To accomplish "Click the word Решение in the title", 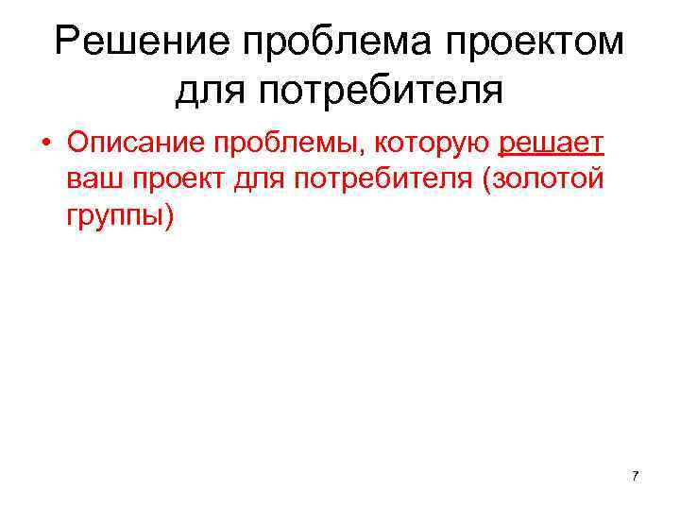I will [141, 43].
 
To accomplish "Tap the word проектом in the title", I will [535, 43].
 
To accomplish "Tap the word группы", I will [114, 214].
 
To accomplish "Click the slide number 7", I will [635, 476].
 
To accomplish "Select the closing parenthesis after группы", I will [170, 214].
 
